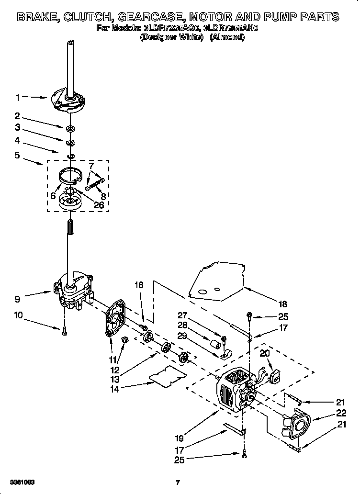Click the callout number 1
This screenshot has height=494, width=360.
tap(18, 98)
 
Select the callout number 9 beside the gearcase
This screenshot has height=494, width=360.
tap(18, 299)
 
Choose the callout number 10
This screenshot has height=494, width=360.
tap(18, 315)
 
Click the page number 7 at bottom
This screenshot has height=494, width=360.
tap(178, 482)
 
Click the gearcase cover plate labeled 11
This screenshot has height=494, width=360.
tap(114, 322)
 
